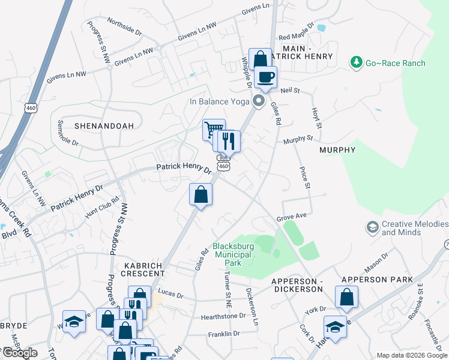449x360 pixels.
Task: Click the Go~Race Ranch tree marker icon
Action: pyautogui.click(x=357, y=62)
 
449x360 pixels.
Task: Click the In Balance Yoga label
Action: pyautogui.click(x=219, y=101)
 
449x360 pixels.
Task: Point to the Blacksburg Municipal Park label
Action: pyautogui.click(x=234, y=254)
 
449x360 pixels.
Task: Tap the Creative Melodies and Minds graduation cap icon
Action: pyautogui.click(x=372, y=227)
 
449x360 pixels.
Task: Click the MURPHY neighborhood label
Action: pyautogui.click(x=337, y=150)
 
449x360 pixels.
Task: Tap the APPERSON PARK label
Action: pyautogui.click(x=377, y=280)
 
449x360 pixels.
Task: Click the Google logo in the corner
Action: pyautogui.click(x=19, y=353)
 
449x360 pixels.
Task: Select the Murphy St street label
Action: pyautogui.click(x=298, y=139)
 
